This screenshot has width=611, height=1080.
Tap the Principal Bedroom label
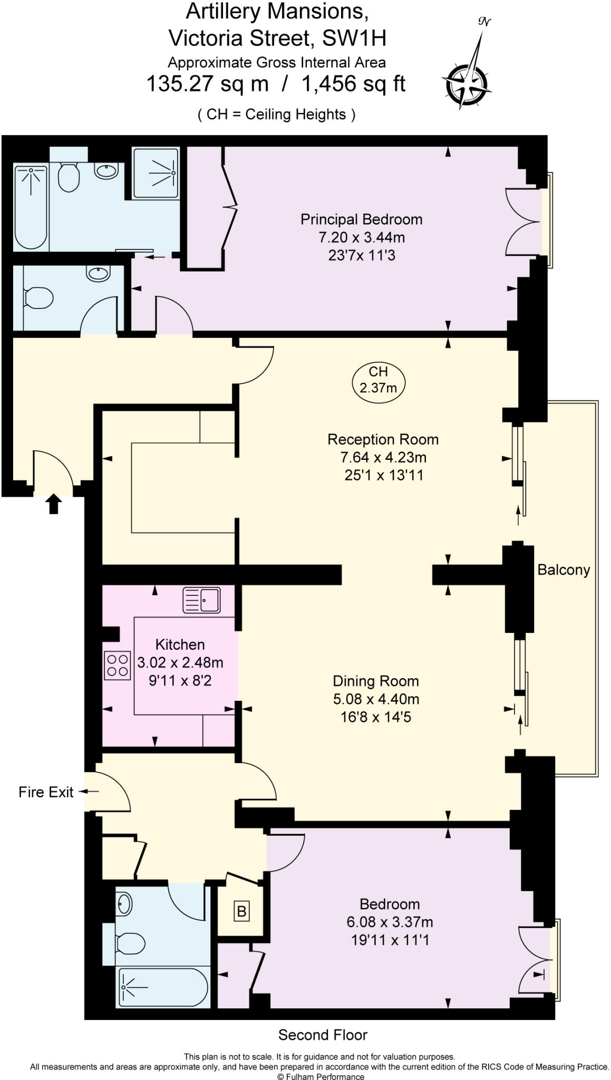[361, 219]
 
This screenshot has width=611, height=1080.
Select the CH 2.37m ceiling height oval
[378, 380]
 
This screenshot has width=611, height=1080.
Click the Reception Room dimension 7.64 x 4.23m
[383, 457]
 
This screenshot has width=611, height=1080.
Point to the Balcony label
[563, 570]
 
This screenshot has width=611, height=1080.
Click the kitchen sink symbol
[201, 600]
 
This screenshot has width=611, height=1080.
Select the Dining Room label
[375, 681]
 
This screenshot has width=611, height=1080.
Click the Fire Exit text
[46, 792]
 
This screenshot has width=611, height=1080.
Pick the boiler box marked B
[241, 911]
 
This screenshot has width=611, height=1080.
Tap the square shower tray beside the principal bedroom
[155, 172]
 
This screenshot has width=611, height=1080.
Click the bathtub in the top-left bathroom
[31, 206]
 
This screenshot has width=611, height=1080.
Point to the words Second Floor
[323, 1035]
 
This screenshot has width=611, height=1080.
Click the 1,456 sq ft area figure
[353, 83]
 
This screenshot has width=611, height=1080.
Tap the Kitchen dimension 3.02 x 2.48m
[180, 662]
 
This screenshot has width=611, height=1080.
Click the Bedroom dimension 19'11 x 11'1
[390, 940]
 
